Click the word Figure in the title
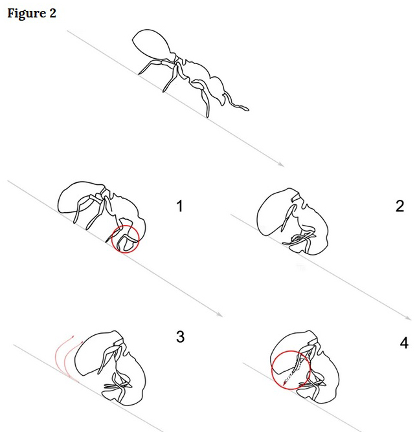pos(27,14)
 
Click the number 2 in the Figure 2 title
pos(52,13)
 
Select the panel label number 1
pos(179,206)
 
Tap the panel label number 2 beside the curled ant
pos(400,206)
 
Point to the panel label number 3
pos(180,336)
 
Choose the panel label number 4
pos(404,343)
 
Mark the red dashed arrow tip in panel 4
pos(284,384)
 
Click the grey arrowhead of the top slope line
pos(281,164)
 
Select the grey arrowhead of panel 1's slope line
pos(220,314)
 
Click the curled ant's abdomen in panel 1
pos(76,198)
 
